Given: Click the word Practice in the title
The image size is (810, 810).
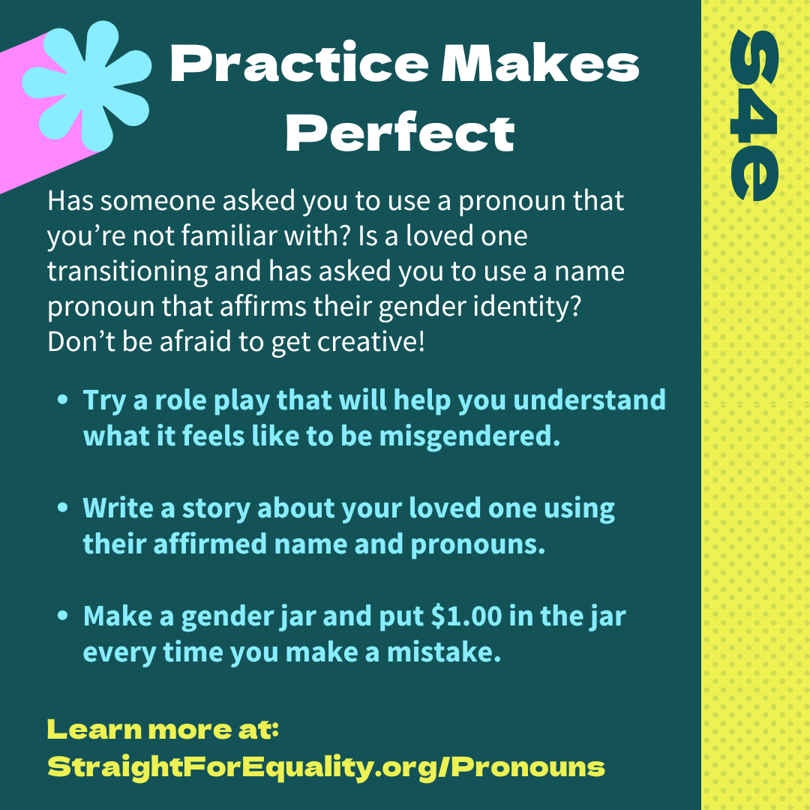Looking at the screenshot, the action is pyautogui.click(x=299, y=64).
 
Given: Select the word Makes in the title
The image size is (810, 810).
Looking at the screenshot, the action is pyautogui.click(x=540, y=64).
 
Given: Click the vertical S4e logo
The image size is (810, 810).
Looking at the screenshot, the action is pyautogui.click(x=754, y=115).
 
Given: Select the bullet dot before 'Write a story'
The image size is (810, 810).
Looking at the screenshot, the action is pyautogui.click(x=63, y=507).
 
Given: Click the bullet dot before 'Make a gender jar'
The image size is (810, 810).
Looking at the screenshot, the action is pyautogui.click(x=63, y=615).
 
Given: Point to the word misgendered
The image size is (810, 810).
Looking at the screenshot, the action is pyautogui.click(x=469, y=437).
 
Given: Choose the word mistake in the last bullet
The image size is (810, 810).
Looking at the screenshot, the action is pyautogui.click(x=444, y=652).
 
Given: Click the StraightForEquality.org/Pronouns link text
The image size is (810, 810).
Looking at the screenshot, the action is pyautogui.click(x=326, y=768).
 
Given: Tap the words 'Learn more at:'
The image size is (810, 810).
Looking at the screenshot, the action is pyautogui.click(x=163, y=730).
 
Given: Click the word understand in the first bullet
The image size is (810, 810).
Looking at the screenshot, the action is pyautogui.click(x=589, y=400).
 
